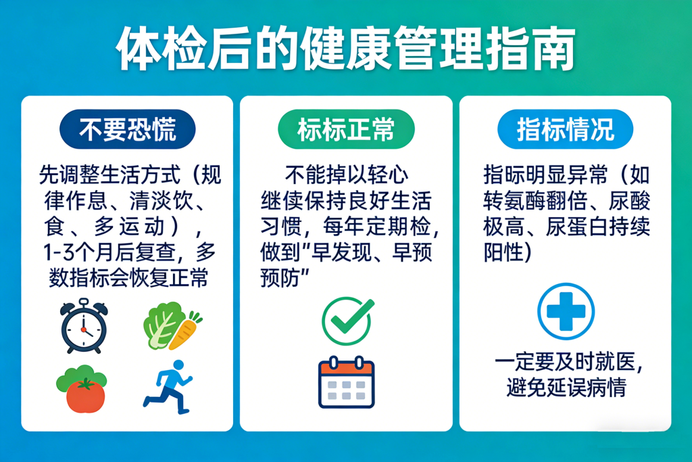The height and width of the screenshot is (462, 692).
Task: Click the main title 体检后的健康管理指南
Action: (346, 49)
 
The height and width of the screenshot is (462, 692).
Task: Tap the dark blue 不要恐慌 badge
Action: (128, 129)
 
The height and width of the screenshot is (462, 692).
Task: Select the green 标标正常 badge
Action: (346, 129)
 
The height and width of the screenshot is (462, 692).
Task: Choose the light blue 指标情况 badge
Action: (566, 129)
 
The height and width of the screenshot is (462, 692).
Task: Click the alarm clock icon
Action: (84, 326)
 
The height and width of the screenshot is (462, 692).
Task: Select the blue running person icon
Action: (168, 388)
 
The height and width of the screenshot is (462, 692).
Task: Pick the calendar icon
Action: (347, 382)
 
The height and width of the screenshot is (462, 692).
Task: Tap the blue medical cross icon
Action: (566, 312)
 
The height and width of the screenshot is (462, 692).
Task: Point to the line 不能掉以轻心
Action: (347, 175)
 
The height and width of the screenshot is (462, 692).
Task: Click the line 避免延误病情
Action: (567, 388)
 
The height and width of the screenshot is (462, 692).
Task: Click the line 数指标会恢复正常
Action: (128, 278)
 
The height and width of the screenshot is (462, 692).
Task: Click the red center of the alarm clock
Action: (83, 329)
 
